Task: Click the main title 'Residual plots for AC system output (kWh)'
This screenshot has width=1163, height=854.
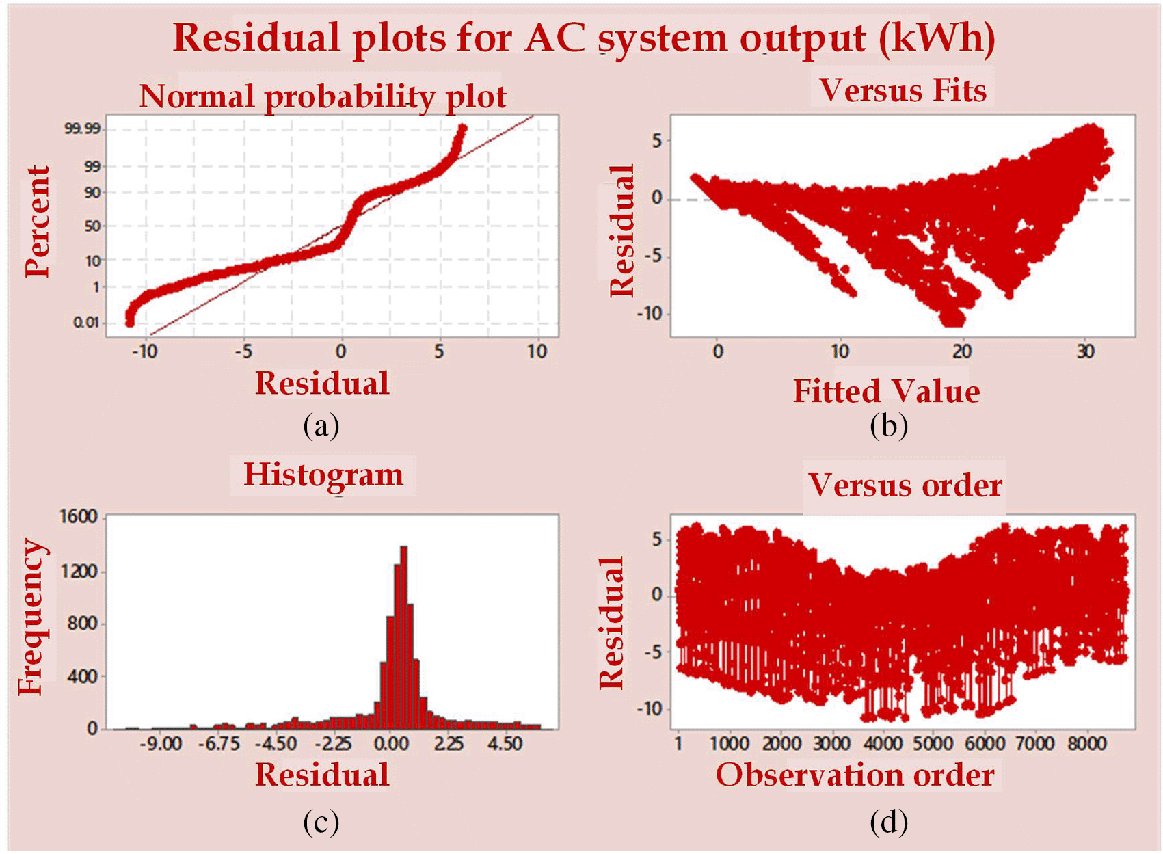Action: pos(584,40)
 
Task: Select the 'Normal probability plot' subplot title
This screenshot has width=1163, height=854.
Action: pos(323,97)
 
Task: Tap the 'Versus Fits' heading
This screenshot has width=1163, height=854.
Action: pos(903,90)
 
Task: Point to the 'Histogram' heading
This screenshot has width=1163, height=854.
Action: pos(323,475)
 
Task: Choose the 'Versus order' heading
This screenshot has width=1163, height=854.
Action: pos(905,486)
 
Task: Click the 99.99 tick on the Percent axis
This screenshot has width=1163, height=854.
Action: pos(82,129)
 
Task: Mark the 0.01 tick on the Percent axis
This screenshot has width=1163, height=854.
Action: pos(85,323)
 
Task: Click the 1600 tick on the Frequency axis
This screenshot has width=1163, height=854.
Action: pos(79,517)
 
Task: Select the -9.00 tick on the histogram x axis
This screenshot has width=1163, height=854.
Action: pos(161,744)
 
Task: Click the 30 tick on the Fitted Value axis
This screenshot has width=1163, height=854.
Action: pos(1084,352)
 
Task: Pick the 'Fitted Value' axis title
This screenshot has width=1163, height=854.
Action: pos(886,391)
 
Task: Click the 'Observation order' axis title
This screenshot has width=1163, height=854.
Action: pos(855,775)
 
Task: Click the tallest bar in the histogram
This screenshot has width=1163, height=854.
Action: pos(403,637)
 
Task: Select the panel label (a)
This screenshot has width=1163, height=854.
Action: pos(321,427)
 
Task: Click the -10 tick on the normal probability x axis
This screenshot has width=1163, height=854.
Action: pos(144,352)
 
